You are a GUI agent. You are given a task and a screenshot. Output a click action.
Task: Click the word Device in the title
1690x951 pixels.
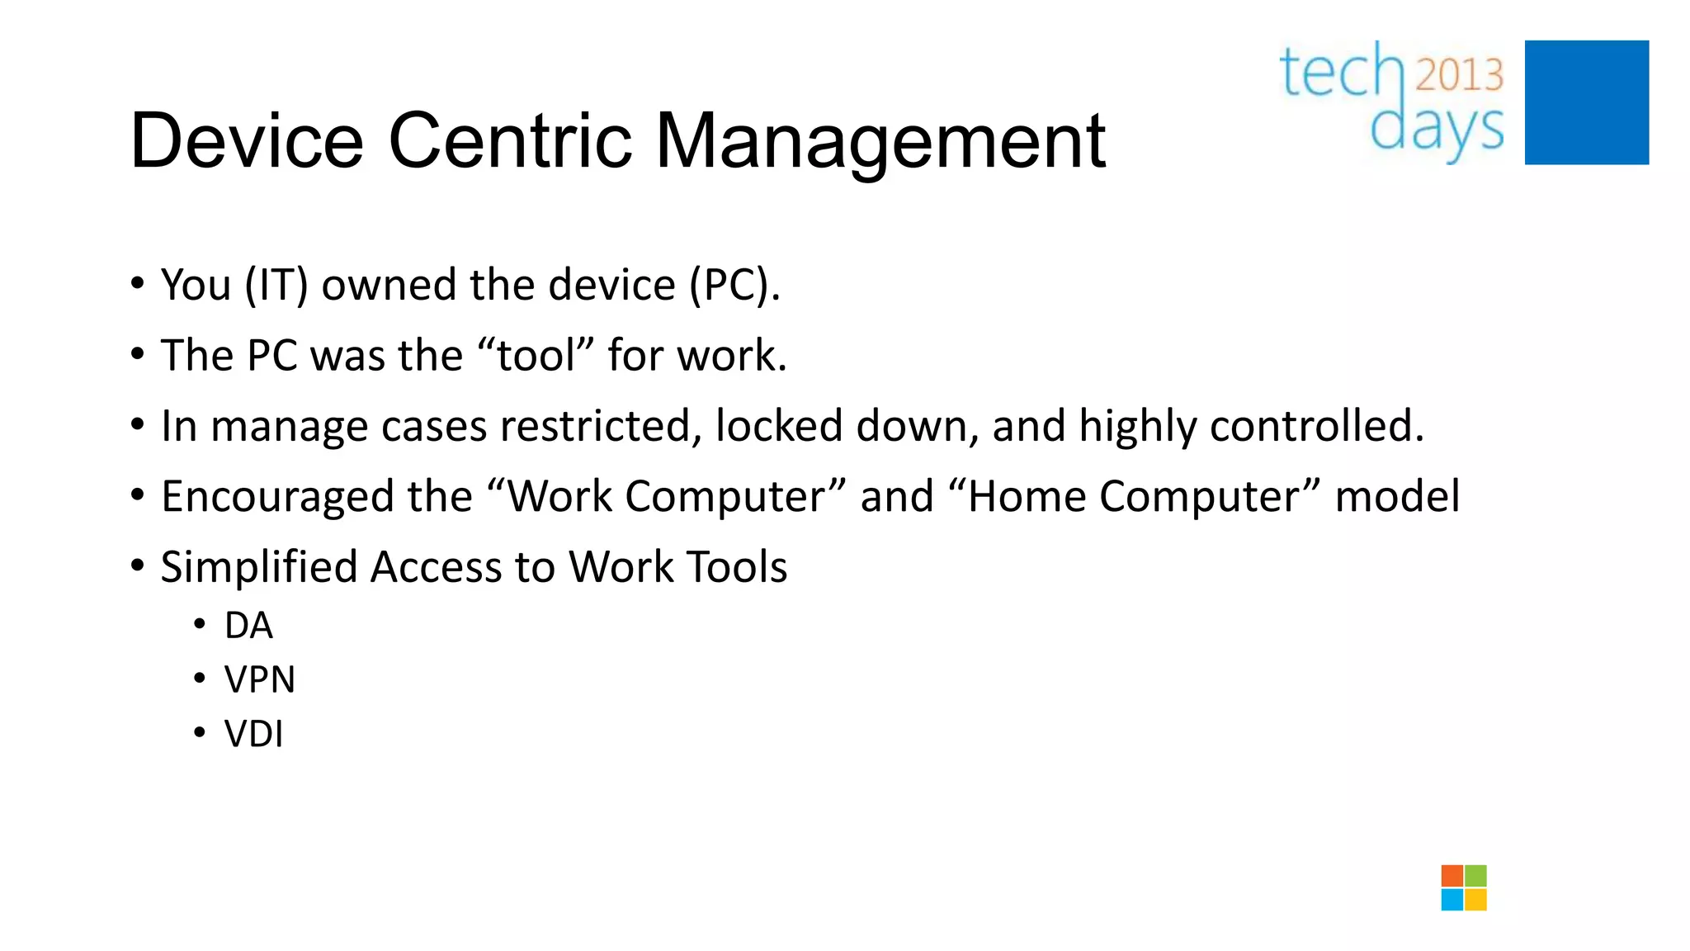click(246, 141)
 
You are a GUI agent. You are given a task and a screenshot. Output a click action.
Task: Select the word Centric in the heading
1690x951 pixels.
click(510, 141)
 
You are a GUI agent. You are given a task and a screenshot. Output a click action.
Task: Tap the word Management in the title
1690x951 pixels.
click(879, 141)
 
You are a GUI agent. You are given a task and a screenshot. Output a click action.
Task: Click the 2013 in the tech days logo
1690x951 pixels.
click(1459, 75)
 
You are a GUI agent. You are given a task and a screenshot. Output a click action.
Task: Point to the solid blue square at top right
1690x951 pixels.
click(1586, 102)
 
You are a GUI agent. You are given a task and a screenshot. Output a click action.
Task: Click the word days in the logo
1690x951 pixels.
click(1436, 130)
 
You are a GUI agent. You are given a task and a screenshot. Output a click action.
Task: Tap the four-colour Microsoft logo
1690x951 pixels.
click(1463, 887)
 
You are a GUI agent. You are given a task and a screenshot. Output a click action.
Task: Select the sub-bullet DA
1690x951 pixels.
click(248, 626)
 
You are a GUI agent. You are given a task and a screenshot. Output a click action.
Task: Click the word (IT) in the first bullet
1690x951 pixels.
click(276, 286)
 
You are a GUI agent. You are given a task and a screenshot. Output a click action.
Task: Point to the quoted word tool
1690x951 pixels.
click(536, 356)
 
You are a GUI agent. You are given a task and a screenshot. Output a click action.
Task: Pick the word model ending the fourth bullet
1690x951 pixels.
click(1396, 497)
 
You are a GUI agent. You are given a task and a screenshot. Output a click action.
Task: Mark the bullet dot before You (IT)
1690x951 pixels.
click(138, 284)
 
